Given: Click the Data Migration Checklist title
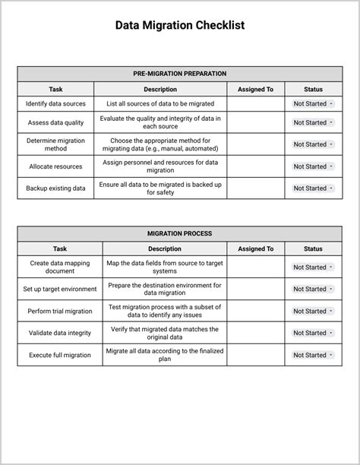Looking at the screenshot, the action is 180,25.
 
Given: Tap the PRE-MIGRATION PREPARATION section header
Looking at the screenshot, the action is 180,74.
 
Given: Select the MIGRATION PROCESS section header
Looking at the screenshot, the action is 180,233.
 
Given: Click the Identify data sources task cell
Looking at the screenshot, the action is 55,103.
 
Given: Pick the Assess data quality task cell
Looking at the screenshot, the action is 55,122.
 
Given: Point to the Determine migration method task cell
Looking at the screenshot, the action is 55,144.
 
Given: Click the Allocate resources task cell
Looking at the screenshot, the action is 55,166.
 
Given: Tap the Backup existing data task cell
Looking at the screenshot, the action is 55,188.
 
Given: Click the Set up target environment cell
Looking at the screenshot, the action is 60,289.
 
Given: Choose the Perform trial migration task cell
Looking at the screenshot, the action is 60,311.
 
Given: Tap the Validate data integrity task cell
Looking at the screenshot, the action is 60,333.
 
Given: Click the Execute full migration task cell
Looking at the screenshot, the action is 60,355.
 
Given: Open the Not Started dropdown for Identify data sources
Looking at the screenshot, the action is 313,103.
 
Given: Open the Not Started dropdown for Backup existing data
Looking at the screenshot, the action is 313,188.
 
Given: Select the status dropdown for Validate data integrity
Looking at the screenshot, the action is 313,333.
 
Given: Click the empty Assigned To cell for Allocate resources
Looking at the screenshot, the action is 255,166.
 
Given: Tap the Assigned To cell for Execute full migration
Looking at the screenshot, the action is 255,355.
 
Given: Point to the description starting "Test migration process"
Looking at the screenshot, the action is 164,311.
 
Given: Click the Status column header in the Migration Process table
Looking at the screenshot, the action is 313,248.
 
